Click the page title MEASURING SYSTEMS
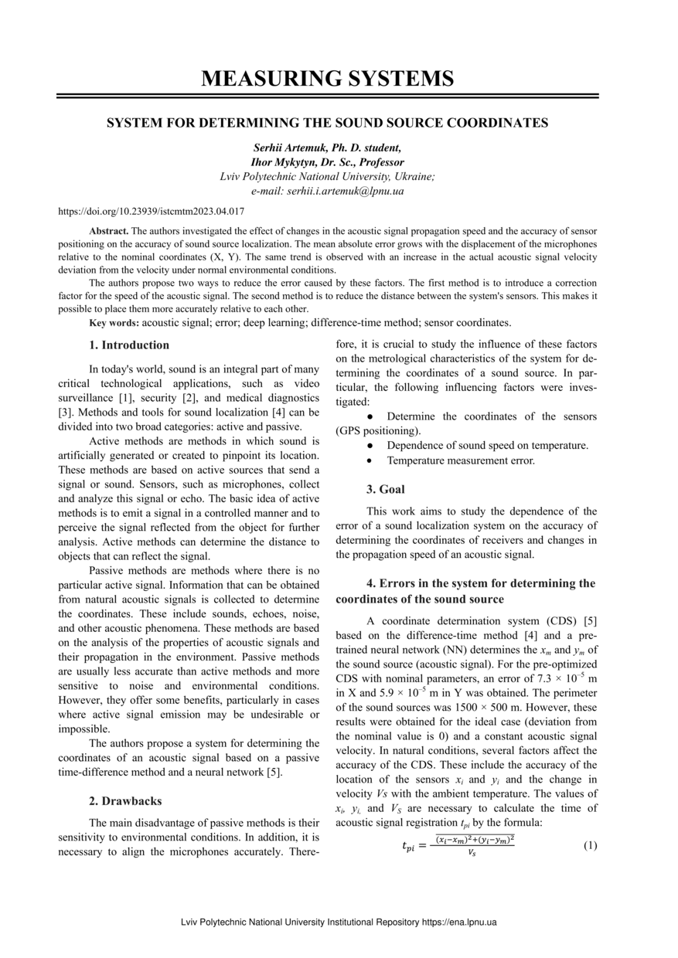327,78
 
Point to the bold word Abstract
109,231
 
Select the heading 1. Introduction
129,345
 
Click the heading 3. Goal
385,489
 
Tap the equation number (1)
590,845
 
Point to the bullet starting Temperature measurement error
461,460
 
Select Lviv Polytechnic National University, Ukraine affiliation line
327,177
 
